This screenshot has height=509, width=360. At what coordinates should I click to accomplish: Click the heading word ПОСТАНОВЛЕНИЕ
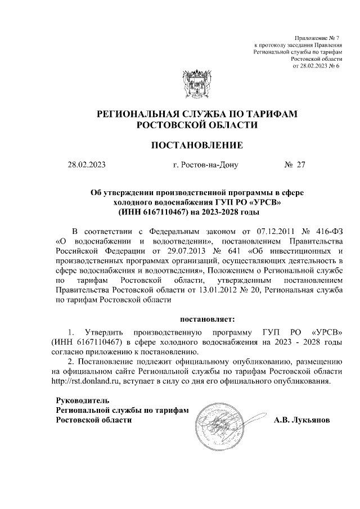pos(197,146)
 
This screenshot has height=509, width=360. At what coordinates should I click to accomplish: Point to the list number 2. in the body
pos(70,361)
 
